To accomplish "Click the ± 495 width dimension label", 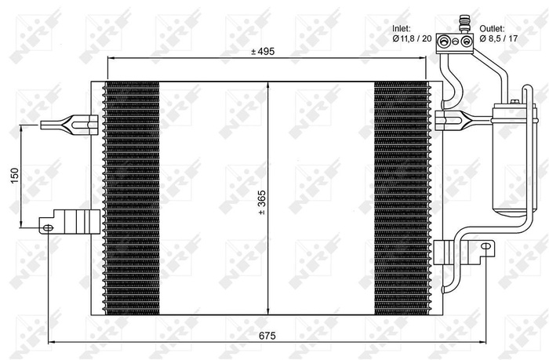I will click(264, 52).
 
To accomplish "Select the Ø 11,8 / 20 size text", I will click(413, 38).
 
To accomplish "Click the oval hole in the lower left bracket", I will click(48, 227).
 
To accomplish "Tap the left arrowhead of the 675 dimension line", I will click(52, 343).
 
